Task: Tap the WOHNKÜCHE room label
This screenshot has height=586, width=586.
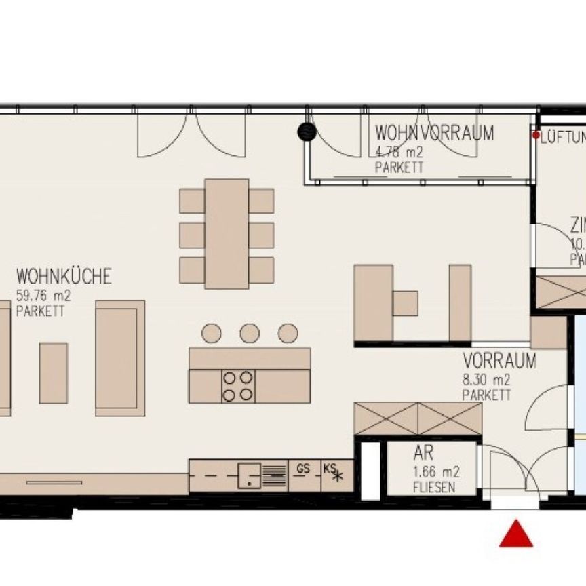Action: pyautogui.click(x=64, y=277)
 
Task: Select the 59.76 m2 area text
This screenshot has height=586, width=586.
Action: pyautogui.click(x=43, y=295)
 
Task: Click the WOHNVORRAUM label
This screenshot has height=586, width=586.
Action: pyautogui.click(x=434, y=133)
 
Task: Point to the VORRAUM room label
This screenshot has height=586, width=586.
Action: pyautogui.click(x=500, y=361)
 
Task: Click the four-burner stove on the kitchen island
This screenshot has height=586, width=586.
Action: pyautogui.click(x=238, y=386)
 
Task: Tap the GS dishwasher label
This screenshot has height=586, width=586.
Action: pyautogui.click(x=302, y=467)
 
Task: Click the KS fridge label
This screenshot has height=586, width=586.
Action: pyautogui.click(x=330, y=467)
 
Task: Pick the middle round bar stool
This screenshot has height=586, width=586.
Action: pyautogui.click(x=250, y=333)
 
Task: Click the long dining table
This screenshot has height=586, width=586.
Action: pyautogui.click(x=227, y=233)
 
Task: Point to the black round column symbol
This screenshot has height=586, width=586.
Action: pyautogui.click(x=307, y=132)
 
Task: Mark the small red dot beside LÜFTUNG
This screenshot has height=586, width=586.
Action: pyautogui.click(x=536, y=136)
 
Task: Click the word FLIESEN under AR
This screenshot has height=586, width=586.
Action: pyautogui.click(x=434, y=488)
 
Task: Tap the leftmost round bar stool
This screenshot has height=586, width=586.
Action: pyautogui.click(x=212, y=333)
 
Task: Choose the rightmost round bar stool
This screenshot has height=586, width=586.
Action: pyautogui.click(x=288, y=333)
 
